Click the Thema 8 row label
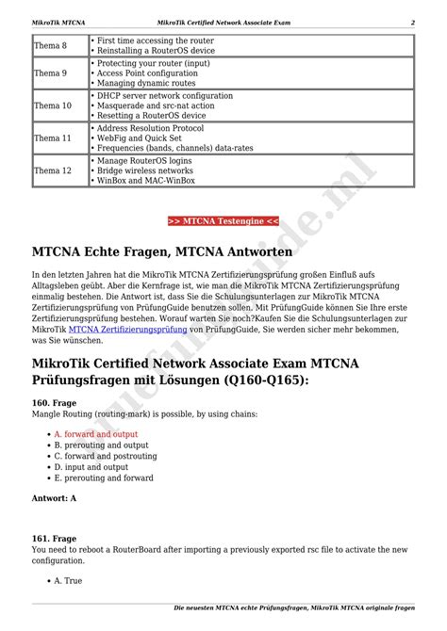pos(50,46)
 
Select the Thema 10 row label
pos(52,106)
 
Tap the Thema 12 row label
pos(52,170)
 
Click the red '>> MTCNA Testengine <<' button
pos(223,221)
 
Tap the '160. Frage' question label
pos(54,402)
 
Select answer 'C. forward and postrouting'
pos(106,456)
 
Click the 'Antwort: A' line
pos(54,497)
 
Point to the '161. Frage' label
pos(54,540)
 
